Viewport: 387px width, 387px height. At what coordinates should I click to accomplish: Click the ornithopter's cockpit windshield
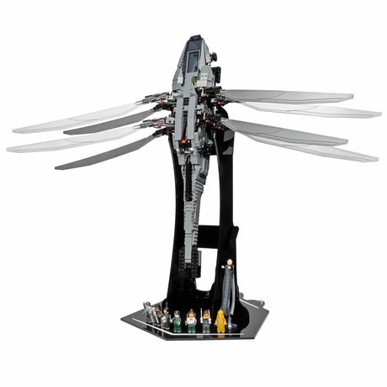point(193,61)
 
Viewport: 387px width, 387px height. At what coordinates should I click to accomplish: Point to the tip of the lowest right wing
point(375,157)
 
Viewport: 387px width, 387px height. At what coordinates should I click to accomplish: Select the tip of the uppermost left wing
point(15,130)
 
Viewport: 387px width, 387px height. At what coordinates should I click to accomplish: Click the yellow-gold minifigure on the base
point(220,320)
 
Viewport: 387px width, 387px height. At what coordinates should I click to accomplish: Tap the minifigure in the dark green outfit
point(177,321)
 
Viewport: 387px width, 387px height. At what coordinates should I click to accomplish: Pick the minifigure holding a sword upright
point(205,320)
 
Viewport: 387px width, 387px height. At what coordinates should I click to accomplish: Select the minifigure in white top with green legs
point(192,320)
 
